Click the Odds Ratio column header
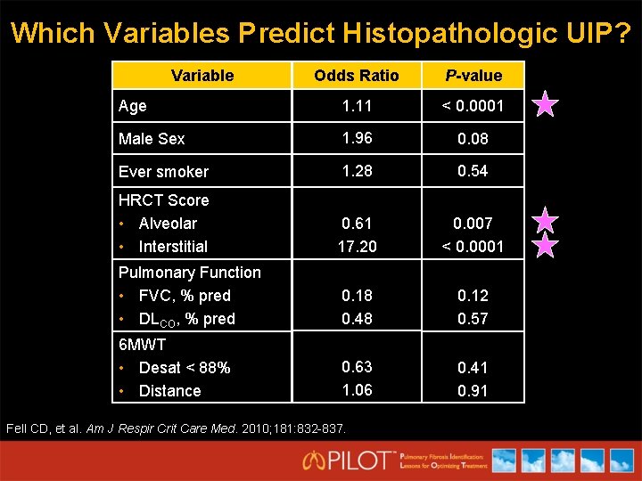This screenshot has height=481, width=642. tap(356, 76)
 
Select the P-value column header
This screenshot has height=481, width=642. tap(473, 76)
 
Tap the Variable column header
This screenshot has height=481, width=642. tap(202, 76)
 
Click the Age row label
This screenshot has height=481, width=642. tap(133, 106)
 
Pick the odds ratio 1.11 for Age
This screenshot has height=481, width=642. tap(356, 106)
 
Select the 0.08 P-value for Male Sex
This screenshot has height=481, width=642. tap(473, 139)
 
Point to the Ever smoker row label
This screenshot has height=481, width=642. tap(163, 172)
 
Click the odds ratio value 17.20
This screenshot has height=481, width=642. tap(356, 247)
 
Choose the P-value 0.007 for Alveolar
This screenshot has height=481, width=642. tap(473, 224)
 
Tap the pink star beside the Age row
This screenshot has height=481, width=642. tap(545, 106)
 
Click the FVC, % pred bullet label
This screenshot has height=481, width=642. tap(185, 296)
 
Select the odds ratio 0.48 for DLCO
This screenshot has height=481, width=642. tap(356, 319)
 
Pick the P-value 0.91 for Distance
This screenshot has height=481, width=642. tap(473, 391)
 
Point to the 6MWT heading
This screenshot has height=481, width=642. tap(142, 345)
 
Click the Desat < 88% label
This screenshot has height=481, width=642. tap(185, 368)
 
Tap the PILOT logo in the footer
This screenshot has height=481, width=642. tap(348, 460)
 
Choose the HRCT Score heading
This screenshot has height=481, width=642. tap(163, 200)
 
